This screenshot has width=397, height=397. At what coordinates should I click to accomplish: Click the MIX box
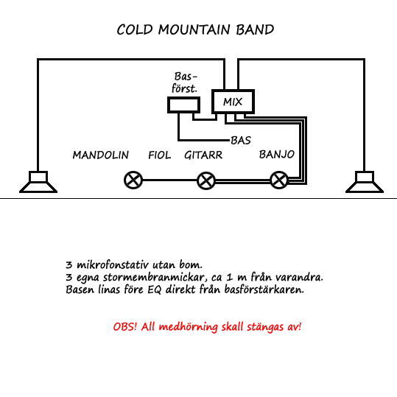233,102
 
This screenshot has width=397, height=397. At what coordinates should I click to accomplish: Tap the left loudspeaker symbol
38,182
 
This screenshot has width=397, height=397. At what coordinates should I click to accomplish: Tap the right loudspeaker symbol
365,182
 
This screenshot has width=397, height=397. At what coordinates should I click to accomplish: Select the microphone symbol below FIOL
133,180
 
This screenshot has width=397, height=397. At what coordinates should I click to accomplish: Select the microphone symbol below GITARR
206,180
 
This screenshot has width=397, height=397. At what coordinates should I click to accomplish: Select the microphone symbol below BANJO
279,180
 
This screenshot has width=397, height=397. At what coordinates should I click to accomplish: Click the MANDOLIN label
101,155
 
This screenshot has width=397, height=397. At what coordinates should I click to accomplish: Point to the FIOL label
160,155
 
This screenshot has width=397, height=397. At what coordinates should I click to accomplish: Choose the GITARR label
203,155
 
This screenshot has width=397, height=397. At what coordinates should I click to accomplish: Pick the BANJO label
277,154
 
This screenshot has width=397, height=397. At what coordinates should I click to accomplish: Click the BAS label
241,140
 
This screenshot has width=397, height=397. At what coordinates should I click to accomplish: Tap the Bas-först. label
185,82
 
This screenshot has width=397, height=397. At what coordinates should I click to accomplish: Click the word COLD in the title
135,29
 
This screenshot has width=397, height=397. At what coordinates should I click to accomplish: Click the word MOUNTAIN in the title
194,29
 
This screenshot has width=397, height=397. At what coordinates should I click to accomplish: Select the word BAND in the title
255,29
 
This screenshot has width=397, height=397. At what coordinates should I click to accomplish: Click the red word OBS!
125,326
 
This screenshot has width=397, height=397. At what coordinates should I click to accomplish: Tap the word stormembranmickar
154,277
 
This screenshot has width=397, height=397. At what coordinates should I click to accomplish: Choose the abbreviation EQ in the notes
155,289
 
